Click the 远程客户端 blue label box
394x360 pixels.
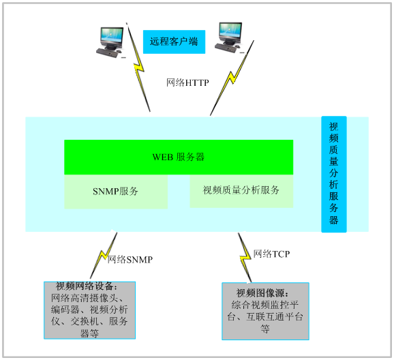(174, 42)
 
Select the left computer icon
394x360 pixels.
(110, 42)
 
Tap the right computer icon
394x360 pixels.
(229, 37)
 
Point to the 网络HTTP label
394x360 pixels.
(187, 82)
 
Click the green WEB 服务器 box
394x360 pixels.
(179, 157)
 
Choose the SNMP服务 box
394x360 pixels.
(116, 192)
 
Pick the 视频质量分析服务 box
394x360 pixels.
(241, 191)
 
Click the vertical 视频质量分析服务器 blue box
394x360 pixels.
(334, 174)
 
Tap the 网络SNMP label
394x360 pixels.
(130, 260)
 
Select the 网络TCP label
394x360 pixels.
(271, 254)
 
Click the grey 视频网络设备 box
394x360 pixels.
(90, 310)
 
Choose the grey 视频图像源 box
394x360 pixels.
(265, 311)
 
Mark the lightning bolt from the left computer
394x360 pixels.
(138, 67)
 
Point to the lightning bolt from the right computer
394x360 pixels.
(232, 78)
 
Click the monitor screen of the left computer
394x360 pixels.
(112, 35)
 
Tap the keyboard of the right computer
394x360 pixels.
(226, 48)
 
